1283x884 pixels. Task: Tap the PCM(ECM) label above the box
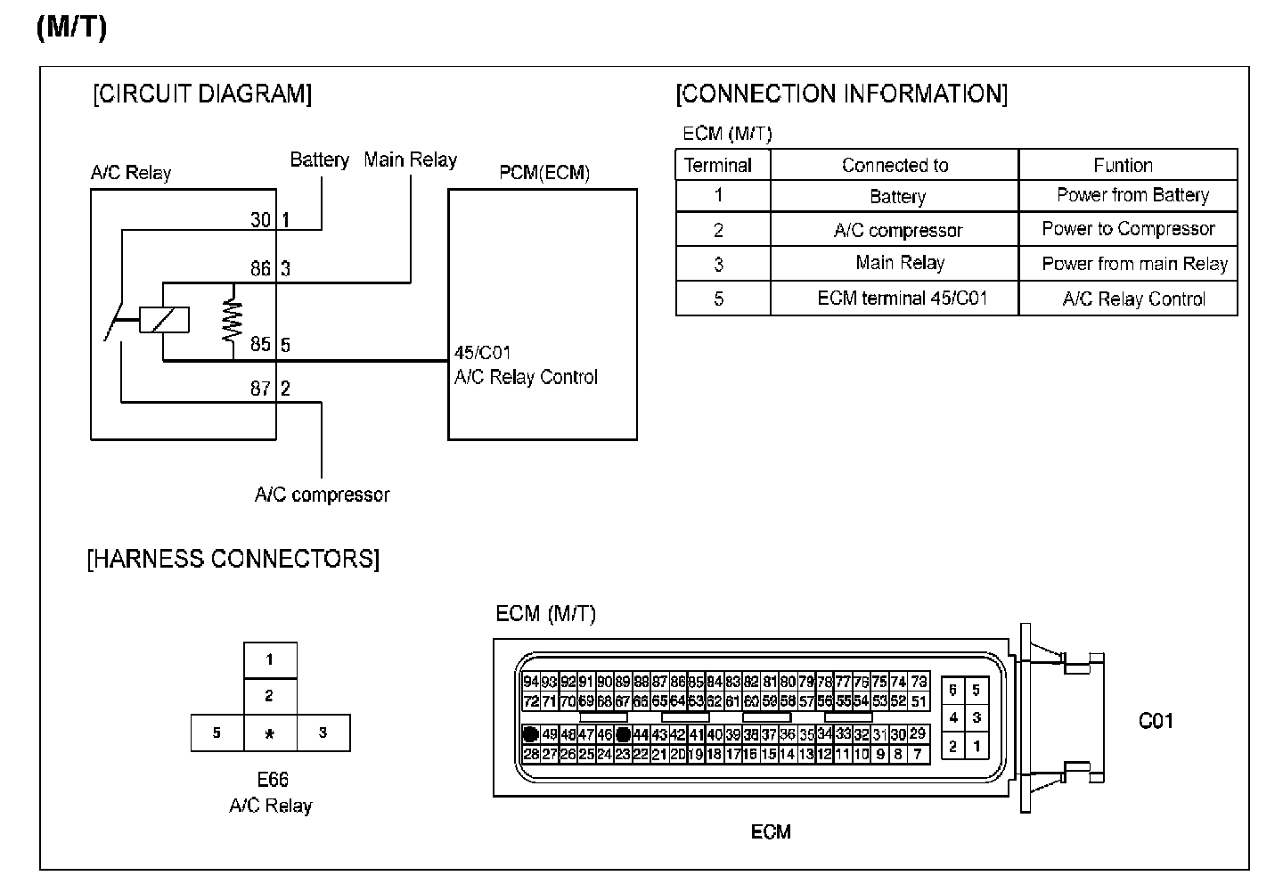pos(543,173)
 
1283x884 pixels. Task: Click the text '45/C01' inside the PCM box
pos(482,353)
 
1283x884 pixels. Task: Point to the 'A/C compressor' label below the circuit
pos(322,495)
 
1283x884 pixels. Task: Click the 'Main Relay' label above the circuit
pos(410,160)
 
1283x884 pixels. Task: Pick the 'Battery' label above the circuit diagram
pos(319,160)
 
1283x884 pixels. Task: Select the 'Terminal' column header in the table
pos(718,166)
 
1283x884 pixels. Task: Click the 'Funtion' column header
pos(1123,166)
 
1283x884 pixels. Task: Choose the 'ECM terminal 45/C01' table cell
pos(902,299)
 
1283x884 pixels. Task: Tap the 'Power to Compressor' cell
pos(1128,229)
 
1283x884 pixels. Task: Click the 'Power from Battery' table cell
pos(1132,195)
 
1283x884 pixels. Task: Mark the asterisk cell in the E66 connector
pos(270,733)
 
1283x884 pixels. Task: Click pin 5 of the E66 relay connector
pos(217,733)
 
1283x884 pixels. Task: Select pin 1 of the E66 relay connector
pos(270,660)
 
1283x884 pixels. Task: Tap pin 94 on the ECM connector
pos(531,682)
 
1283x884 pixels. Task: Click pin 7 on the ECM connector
pos(917,754)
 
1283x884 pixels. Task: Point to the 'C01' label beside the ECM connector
pos(1156,721)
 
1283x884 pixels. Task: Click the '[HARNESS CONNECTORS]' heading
pos(233,560)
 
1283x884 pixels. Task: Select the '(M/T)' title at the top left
pos(71,28)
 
